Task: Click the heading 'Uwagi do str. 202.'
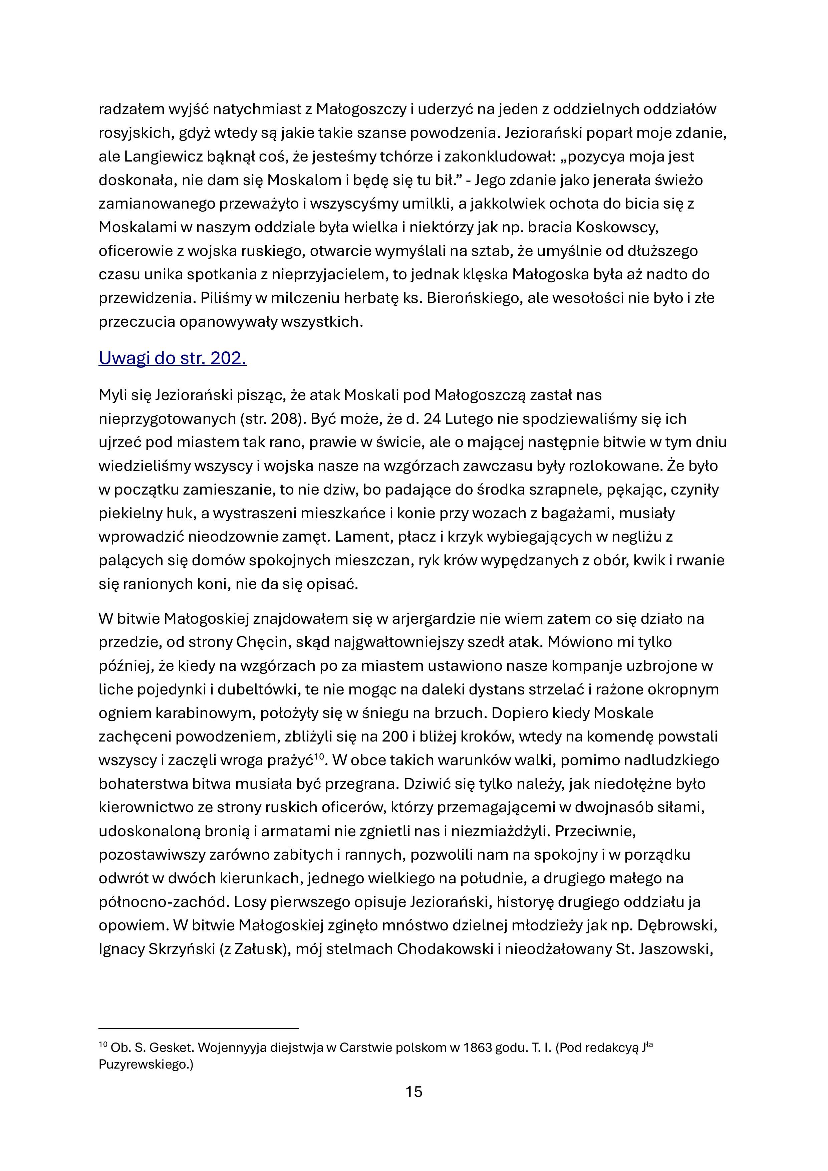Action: (173, 358)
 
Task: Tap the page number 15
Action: (414, 1092)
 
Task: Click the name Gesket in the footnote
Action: (173, 1048)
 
